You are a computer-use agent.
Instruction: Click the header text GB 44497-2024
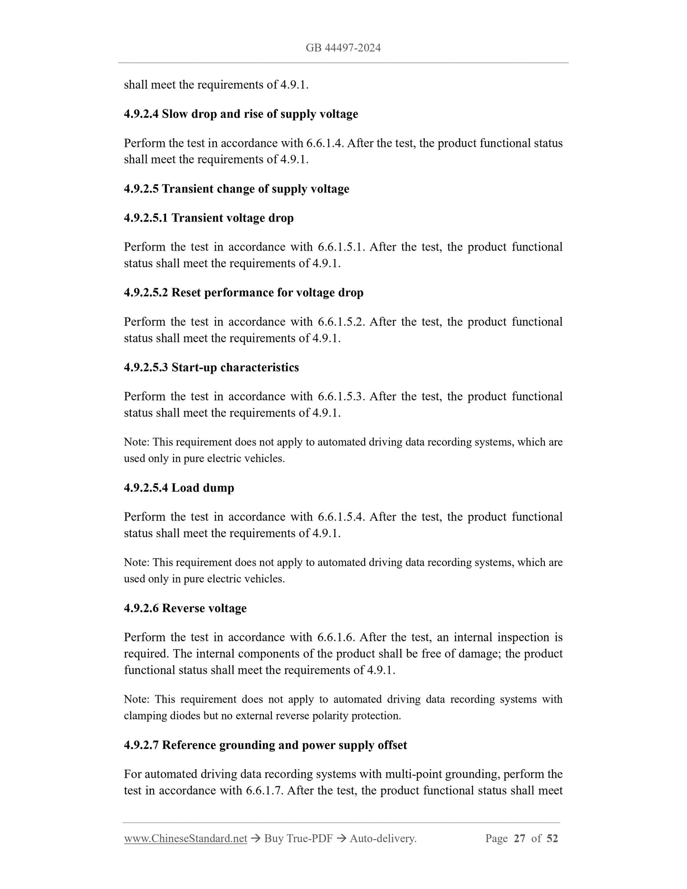[x=343, y=48]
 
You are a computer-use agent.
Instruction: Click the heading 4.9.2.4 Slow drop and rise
[x=241, y=114]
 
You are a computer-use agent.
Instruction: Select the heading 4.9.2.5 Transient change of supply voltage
[x=236, y=189]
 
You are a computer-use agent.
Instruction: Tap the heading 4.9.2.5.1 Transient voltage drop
[x=209, y=218]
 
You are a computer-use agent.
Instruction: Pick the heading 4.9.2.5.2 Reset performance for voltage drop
[x=243, y=292]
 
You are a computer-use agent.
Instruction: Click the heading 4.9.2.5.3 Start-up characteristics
[x=211, y=367]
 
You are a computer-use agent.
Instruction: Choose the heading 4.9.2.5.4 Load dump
[x=179, y=488]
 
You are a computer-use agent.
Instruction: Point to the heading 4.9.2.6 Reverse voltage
[x=185, y=609]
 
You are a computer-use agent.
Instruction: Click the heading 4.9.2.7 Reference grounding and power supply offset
[x=265, y=745]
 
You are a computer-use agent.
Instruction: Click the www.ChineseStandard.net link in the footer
[x=185, y=839]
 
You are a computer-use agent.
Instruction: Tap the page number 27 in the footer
[x=520, y=839]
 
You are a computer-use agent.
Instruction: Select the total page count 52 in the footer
[x=552, y=839]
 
